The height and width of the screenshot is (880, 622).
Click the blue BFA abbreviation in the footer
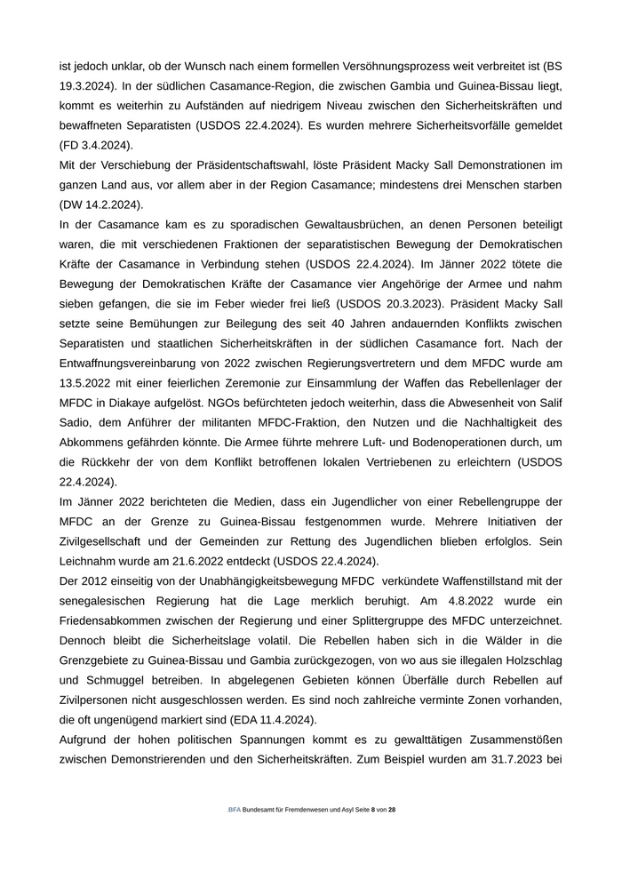tap(235, 811)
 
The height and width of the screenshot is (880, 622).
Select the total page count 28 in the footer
tap(392, 811)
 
